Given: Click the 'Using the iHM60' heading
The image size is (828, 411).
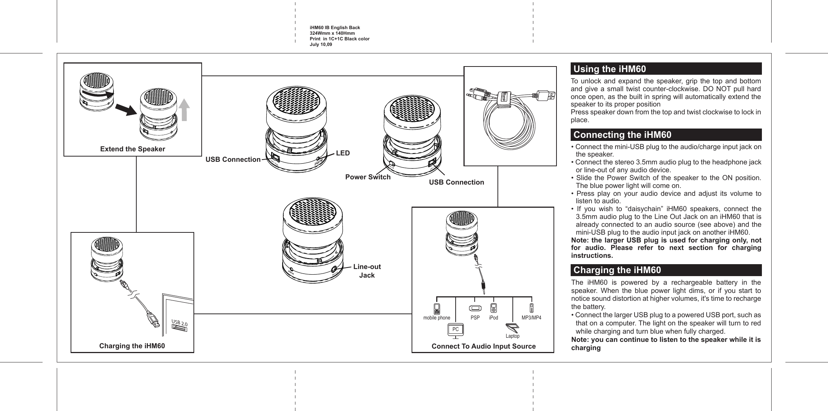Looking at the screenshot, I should coord(610,69).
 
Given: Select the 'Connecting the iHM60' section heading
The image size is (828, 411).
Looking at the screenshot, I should coord(622,135).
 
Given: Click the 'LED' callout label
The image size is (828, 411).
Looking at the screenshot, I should coord(343,153).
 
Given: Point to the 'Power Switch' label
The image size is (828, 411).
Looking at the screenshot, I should coord(368,177).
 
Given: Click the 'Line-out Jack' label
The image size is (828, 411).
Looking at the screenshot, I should coord(367,271).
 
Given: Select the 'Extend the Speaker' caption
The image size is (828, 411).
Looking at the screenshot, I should coord(133,149).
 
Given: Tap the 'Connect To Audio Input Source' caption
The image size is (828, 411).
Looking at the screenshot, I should coord(483,346).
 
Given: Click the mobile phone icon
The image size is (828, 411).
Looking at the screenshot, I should coord(437,309).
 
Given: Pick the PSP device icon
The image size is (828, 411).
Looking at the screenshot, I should coord(475,309).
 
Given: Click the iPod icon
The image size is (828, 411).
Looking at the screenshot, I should coord(493,309).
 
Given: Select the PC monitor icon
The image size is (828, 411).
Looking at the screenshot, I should coord(455,330).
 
